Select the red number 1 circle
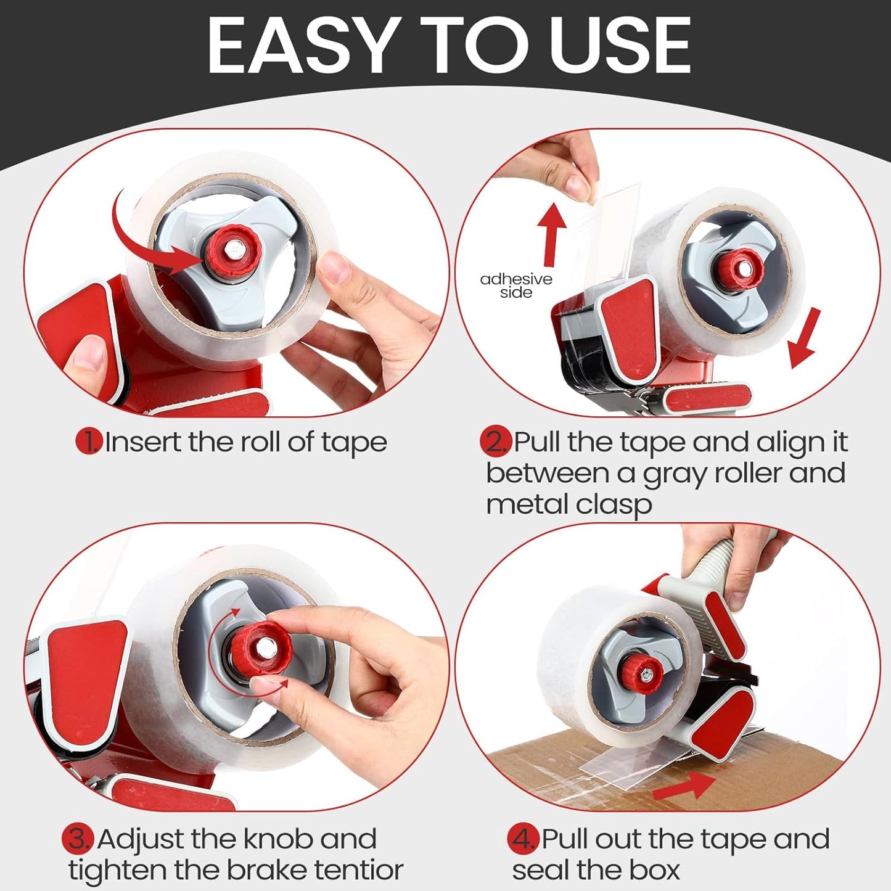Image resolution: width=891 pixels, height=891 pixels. (89, 441)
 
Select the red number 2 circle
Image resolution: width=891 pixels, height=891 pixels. (495, 441)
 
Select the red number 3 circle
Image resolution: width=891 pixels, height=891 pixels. (78, 839)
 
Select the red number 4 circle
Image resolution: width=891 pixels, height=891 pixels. (523, 839)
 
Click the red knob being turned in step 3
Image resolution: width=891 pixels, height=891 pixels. (261, 647)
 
